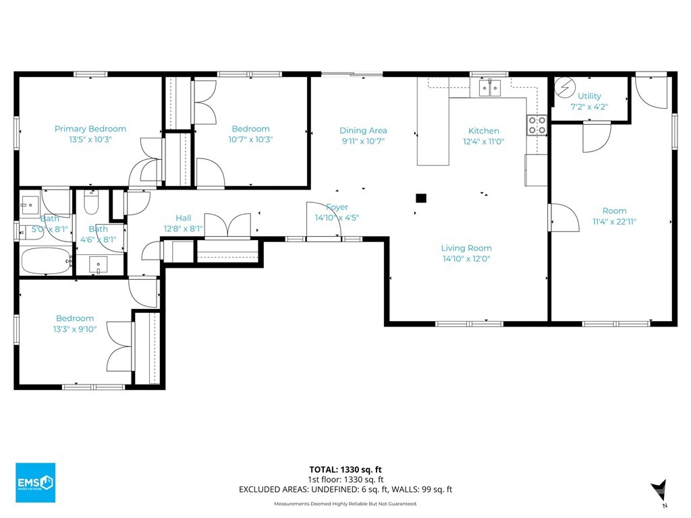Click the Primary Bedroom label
tap(90, 129)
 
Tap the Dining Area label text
tap(363, 130)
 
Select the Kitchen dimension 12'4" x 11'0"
tap(483, 142)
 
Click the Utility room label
tap(589, 96)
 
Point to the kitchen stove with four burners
tap(537, 125)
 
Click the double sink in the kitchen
tap(490, 88)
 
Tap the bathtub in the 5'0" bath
tap(46, 261)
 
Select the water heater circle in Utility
tap(563, 88)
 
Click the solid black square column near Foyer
tap(421, 198)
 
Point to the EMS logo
tap(36, 482)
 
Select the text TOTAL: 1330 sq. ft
tap(345, 469)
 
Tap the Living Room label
tap(466, 248)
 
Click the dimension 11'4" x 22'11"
tap(614, 221)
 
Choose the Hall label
tap(184, 218)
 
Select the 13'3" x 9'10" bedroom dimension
tap(75, 329)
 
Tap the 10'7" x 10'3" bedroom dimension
tap(251, 140)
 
